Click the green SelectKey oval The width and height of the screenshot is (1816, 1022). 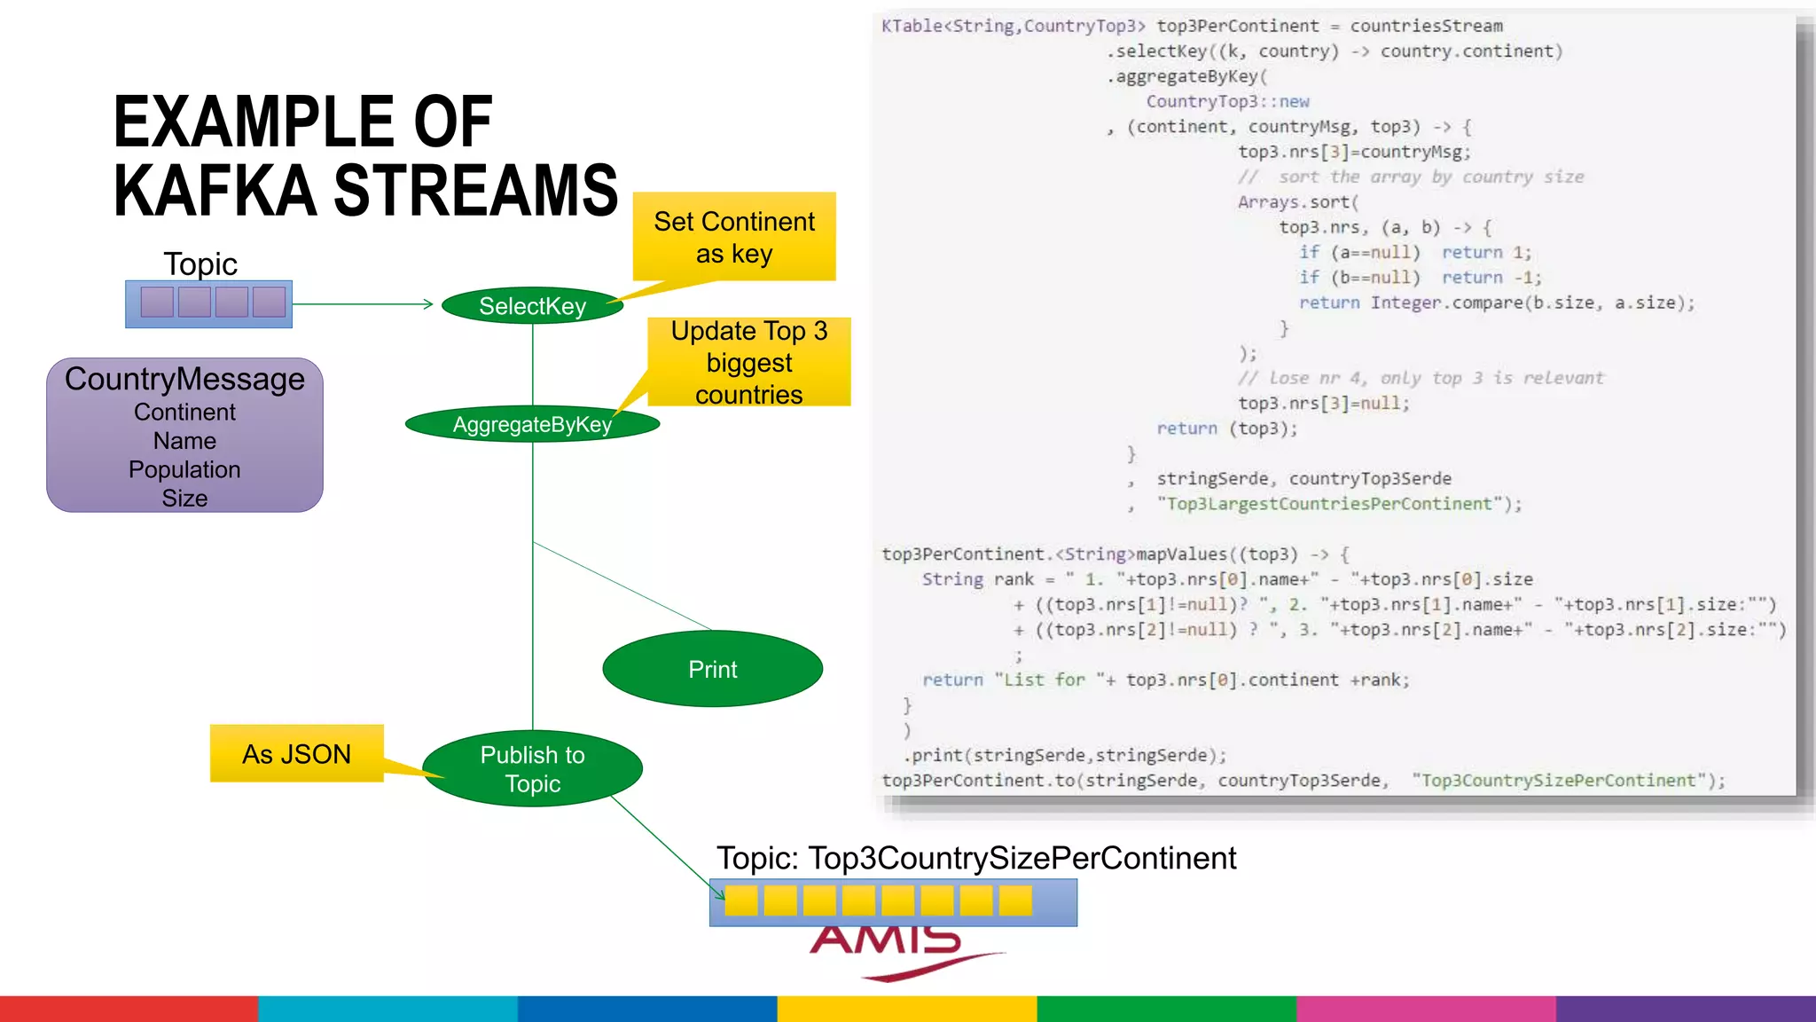point(532,306)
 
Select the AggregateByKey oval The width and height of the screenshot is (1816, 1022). point(532,424)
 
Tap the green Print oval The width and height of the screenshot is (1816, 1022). point(712,669)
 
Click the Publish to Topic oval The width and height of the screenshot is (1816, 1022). point(532,768)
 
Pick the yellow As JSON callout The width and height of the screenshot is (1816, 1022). point(296,754)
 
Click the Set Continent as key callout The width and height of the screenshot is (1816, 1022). point(734,237)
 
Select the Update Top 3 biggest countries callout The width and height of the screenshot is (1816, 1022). point(749,362)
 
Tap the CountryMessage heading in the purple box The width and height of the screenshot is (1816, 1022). point(184,379)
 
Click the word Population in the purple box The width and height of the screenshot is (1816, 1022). point(184,469)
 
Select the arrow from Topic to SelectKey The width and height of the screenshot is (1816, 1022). point(364,304)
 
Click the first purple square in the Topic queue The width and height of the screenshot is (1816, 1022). point(157,302)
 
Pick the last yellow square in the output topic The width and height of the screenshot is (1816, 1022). point(1015,900)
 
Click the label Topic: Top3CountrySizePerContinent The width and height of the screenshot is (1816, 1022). point(975,858)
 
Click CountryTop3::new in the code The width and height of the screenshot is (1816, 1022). point(1227,101)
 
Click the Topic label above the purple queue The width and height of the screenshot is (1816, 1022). point(200,263)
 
